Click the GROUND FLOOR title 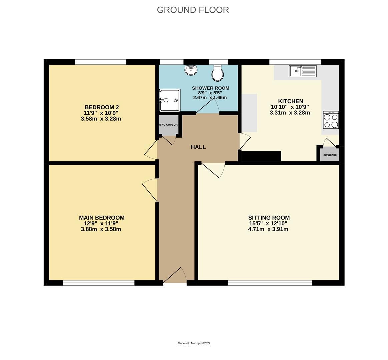pos(193,10)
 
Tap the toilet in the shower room pos(218,73)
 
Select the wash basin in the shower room pos(191,70)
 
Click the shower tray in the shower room pos(170,100)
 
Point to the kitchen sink pos(303,71)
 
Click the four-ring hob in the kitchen pos(331,120)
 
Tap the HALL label pos(198,147)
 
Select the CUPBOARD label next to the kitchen pos(330,155)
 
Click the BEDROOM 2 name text pos(101,107)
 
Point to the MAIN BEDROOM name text pos(101,218)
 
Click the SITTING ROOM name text pos(269,218)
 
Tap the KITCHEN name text pos(291,101)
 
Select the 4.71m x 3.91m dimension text pos(268,229)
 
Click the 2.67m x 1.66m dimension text pos(210,98)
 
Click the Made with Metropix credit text pos(194,343)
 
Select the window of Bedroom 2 pos(100,62)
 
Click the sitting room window pos(270,283)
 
